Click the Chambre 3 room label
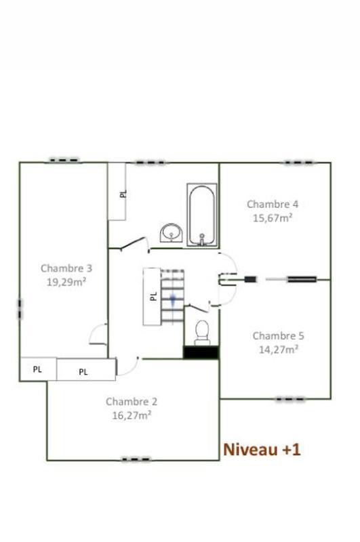[66, 268]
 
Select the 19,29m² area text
[66, 282]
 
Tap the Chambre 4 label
[272, 204]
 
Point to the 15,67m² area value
[272, 217]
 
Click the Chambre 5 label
[278, 336]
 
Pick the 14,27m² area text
[278, 350]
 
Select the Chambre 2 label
[132, 402]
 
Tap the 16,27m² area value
[132, 415]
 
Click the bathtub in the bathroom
[202, 217]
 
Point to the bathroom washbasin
[171, 234]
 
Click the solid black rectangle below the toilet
[201, 352]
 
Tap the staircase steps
[172, 297]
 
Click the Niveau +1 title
[262, 449]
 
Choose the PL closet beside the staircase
[152, 296]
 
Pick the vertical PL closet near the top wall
[117, 192]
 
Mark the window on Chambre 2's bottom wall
[135, 459]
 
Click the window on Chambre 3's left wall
[20, 310]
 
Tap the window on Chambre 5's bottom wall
[289, 399]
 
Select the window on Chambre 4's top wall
[298, 163]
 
